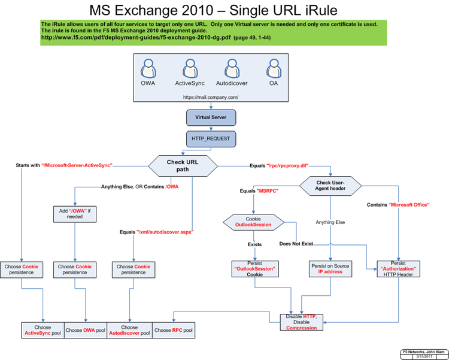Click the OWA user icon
[148, 68]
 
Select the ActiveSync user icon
[190, 68]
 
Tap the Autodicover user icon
[232, 68]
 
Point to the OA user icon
[274, 68]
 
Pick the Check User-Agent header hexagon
[330, 186]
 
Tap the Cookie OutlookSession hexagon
[256, 222]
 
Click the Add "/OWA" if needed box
[74, 213]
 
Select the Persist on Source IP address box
[330, 269]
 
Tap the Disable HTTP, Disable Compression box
[302, 322]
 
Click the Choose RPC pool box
[174, 330]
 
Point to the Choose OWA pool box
[86, 330]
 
